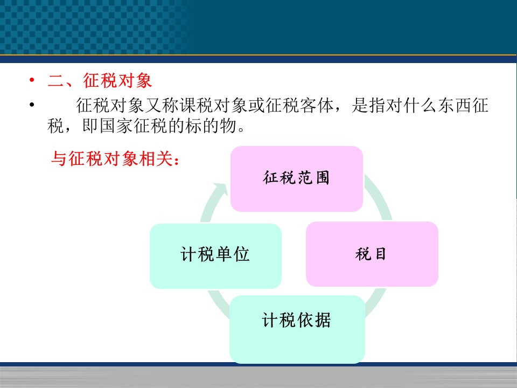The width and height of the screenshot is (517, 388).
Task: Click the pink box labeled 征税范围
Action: coord(296,179)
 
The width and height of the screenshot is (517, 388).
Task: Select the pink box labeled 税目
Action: coord(372,254)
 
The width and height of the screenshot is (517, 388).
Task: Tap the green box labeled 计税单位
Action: coord(215,256)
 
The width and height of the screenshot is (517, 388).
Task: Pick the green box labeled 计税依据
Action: coord(297,329)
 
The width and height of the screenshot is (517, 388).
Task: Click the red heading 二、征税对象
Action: coord(100,80)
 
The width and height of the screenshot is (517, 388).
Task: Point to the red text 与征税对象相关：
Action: coord(115,158)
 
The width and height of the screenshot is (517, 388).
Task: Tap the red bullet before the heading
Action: coord(32,80)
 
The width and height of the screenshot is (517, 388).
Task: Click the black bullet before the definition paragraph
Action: coord(32,105)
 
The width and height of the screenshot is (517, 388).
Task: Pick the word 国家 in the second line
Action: coord(116,126)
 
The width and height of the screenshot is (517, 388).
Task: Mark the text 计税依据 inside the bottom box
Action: coord(296,320)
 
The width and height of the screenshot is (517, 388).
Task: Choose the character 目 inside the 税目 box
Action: coord(380,254)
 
